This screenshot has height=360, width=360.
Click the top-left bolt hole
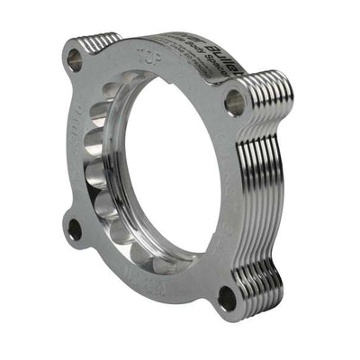click(75, 59)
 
